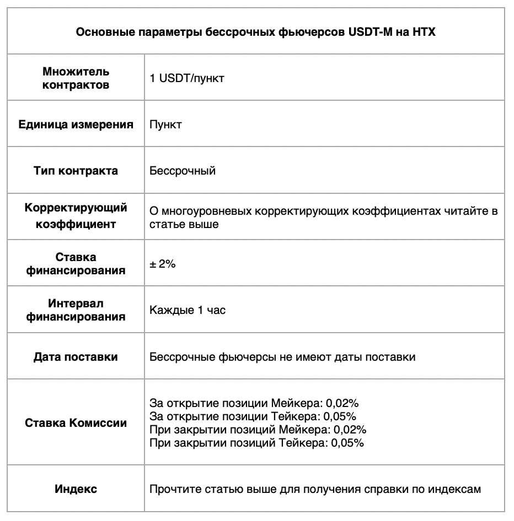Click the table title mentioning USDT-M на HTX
pyautogui.click(x=255, y=32)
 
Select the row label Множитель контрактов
pyautogui.click(x=76, y=78)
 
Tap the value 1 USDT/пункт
pyautogui.click(x=187, y=78)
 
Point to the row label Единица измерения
pyautogui.click(x=76, y=124)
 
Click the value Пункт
pyautogui.click(x=165, y=124)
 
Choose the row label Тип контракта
pyautogui.click(x=76, y=171)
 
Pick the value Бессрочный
pyautogui.click(x=183, y=171)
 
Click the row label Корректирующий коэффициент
pyautogui.click(x=76, y=216)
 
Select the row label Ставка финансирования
pyautogui.click(x=76, y=264)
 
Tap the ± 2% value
pyautogui.click(x=163, y=264)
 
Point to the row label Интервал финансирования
pyautogui.click(x=76, y=310)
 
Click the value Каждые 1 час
pyautogui.click(x=188, y=310)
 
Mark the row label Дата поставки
pyautogui.click(x=76, y=357)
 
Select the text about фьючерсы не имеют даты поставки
pyautogui.click(x=282, y=357)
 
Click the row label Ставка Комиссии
pyautogui.click(x=76, y=423)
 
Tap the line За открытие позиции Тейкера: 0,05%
pyautogui.click(x=253, y=416)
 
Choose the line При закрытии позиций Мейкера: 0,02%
pyautogui.click(x=258, y=430)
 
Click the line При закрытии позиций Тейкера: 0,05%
pyautogui.click(x=256, y=443)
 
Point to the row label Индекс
pyautogui.click(x=76, y=489)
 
